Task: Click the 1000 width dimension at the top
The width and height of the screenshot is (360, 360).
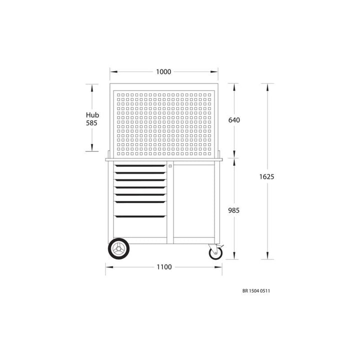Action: [163, 72]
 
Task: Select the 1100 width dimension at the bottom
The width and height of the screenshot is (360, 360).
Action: [163, 267]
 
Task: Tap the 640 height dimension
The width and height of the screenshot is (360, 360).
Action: [234, 120]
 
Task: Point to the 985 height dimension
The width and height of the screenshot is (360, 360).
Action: [234, 210]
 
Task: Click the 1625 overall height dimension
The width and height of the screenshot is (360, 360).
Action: [267, 176]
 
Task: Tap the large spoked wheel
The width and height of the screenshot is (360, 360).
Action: [119, 249]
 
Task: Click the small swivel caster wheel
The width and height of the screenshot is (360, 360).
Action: [215, 253]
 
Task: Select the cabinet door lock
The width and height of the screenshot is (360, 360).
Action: [170, 166]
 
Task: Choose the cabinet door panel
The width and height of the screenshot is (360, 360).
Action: [195, 200]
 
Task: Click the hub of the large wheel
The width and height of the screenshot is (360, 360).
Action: [119, 249]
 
